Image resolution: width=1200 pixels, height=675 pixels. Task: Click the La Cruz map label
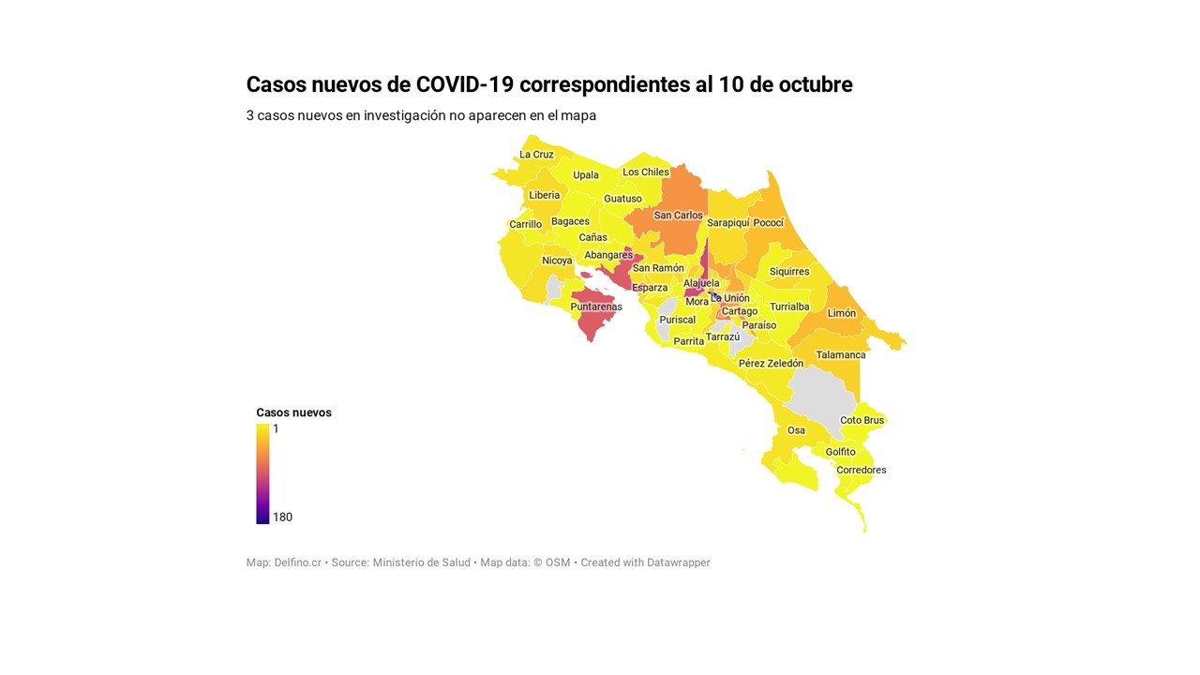(x=536, y=155)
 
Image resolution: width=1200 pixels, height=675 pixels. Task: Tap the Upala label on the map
(x=586, y=175)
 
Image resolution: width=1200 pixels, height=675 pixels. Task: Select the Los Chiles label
(x=646, y=172)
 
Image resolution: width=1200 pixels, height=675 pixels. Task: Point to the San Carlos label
(x=678, y=216)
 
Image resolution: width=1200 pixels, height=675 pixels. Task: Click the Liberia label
(x=544, y=196)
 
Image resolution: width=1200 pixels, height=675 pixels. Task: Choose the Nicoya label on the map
(x=557, y=261)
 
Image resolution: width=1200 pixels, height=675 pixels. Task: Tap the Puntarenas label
(x=596, y=307)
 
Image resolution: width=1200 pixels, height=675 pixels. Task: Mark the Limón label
(x=841, y=313)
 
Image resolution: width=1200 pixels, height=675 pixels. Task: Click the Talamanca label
(x=841, y=355)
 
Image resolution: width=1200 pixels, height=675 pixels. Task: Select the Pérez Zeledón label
(x=771, y=364)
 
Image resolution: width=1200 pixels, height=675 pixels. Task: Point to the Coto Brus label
(x=862, y=420)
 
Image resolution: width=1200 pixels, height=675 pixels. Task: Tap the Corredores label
(x=861, y=471)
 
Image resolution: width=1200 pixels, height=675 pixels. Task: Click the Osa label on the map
(x=796, y=431)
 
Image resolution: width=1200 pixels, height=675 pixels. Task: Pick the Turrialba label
(x=788, y=307)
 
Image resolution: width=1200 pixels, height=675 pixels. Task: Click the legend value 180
(x=282, y=517)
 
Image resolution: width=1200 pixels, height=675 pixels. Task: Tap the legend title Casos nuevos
(x=293, y=412)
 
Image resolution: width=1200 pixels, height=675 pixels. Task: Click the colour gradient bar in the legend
(x=262, y=473)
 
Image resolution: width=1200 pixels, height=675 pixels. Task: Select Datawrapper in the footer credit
(x=678, y=562)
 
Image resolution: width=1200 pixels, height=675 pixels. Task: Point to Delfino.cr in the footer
(x=297, y=562)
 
